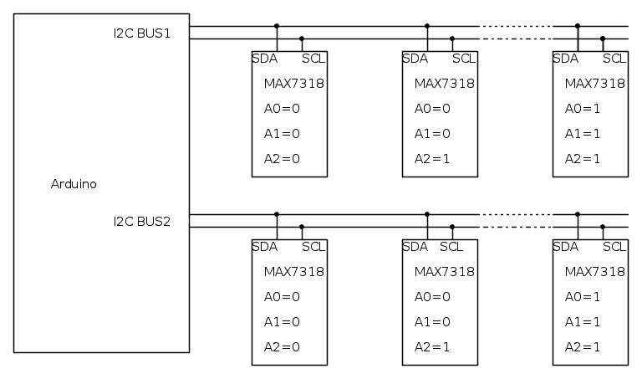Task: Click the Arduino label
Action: [74, 184]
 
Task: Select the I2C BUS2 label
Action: [142, 222]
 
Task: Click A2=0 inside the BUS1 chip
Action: [282, 159]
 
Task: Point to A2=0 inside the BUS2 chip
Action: [282, 347]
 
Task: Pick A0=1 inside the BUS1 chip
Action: [583, 109]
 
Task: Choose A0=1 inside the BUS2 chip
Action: [583, 297]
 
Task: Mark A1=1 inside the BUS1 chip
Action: [583, 134]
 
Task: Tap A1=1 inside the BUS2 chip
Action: [583, 322]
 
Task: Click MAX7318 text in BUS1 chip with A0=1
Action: [595, 84]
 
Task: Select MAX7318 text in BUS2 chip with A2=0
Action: [294, 272]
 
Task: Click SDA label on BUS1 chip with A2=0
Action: [265, 59]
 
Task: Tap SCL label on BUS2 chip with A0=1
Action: [614, 247]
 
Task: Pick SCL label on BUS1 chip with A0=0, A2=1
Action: [464, 59]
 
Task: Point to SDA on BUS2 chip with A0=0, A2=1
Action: [415, 247]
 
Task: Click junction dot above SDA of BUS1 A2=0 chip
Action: [277, 26]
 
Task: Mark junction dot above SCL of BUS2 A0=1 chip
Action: [603, 227]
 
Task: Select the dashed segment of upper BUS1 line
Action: [516, 26]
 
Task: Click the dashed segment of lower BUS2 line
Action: [516, 227]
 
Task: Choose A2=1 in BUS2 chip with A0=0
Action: [432, 347]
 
